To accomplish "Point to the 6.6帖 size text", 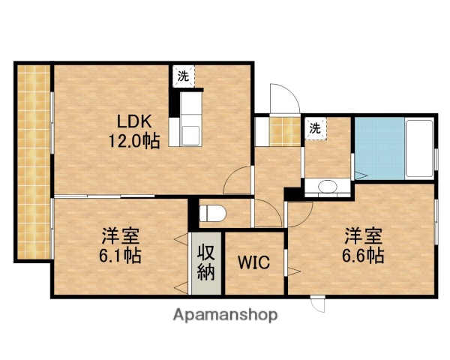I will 364,254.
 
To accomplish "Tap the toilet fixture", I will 212,211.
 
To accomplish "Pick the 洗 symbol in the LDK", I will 183,75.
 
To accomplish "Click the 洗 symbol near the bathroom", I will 315,128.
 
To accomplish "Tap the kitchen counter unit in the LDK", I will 188,118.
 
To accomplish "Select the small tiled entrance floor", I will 286,131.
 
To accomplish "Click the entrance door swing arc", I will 283,95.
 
